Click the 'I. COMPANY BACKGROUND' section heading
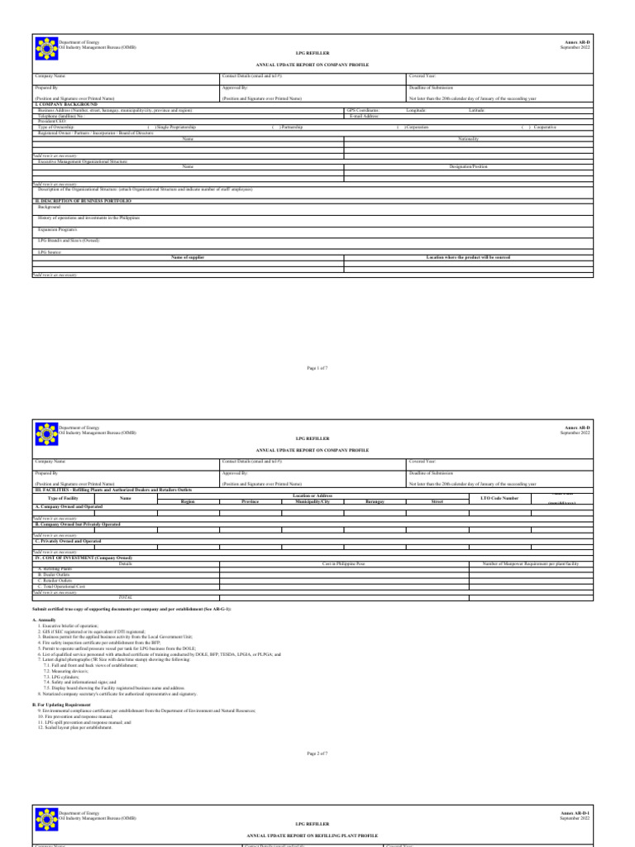click(x=66, y=105)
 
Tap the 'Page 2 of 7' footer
click(x=317, y=777)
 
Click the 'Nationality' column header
click(x=469, y=139)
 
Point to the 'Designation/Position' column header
click(x=469, y=166)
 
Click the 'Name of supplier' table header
click(x=188, y=258)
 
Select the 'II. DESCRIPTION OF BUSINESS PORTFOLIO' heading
click(x=83, y=200)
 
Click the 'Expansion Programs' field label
click(x=57, y=229)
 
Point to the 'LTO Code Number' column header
click(x=499, y=498)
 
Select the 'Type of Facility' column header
click(x=64, y=498)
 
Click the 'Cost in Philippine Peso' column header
click(x=343, y=563)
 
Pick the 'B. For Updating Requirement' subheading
click(x=64, y=706)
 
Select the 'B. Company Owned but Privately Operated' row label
click(x=78, y=524)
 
